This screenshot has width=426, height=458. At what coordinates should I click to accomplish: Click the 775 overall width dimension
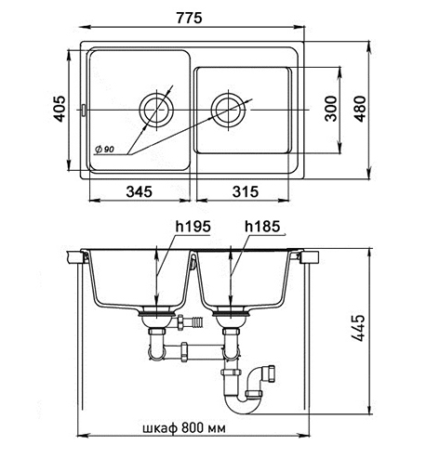click(189, 18)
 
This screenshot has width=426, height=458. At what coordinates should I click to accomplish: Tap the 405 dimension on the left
click(59, 109)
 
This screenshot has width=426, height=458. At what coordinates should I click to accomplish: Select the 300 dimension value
click(330, 109)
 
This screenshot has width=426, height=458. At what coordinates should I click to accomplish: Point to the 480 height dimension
click(360, 109)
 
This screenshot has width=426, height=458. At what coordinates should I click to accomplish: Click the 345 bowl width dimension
click(140, 191)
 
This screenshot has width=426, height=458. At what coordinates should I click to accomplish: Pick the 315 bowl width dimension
click(246, 191)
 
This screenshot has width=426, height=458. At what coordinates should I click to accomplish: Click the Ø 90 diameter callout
click(105, 150)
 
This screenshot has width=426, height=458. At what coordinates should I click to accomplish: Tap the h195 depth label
click(193, 227)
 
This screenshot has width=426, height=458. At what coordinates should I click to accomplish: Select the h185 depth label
click(262, 227)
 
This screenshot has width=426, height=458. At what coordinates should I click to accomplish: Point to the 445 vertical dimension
click(358, 328)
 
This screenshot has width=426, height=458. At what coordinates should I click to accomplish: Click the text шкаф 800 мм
click(184, 428)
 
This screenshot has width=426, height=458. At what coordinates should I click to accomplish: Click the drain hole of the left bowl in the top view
click(157, 110)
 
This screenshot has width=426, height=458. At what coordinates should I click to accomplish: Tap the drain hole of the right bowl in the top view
click(229, 110)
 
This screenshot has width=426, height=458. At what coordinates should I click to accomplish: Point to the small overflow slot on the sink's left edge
click(84, 110)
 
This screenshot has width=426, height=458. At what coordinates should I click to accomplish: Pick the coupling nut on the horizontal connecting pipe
click(184, 352)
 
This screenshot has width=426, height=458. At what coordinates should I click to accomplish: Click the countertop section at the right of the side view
click(310, 257)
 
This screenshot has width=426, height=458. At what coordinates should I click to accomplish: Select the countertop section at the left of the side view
click(75, 257)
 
